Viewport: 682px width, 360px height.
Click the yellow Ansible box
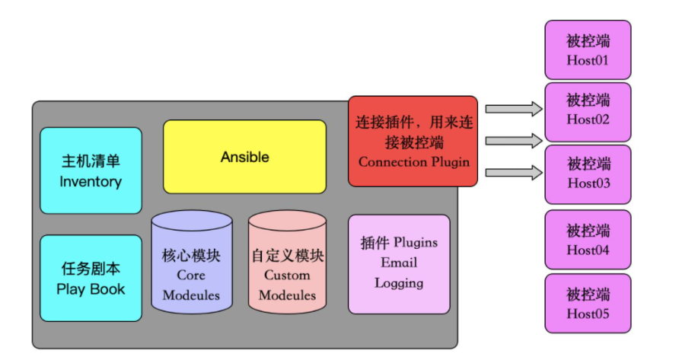pos(244,156)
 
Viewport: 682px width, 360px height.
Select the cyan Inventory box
pos(91,170)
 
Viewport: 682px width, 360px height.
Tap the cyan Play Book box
pos(91,278)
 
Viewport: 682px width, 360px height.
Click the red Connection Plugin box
pos(413,141)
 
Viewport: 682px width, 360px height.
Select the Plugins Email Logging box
pos(399,263)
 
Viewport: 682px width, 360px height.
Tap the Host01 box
pos(588,49)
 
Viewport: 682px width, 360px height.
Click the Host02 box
pos(588,111)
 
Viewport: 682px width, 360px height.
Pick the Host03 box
pos(588,174)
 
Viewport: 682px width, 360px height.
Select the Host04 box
pos(588,240)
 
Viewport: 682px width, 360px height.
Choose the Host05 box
pos(588,304)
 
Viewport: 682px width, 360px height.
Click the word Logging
pos(399,283)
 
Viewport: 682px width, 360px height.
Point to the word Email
pos(399,263)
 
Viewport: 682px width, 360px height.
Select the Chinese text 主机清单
pos(91,161)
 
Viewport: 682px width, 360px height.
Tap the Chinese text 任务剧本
pos(91,269)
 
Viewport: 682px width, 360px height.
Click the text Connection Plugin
pos(413,162)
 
